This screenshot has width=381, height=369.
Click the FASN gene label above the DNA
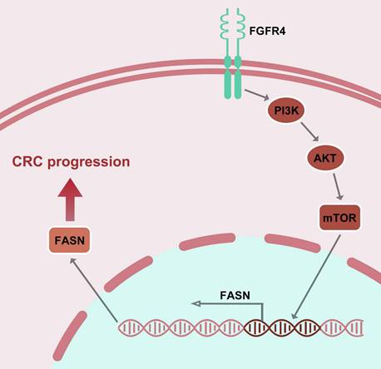coord(237,293)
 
